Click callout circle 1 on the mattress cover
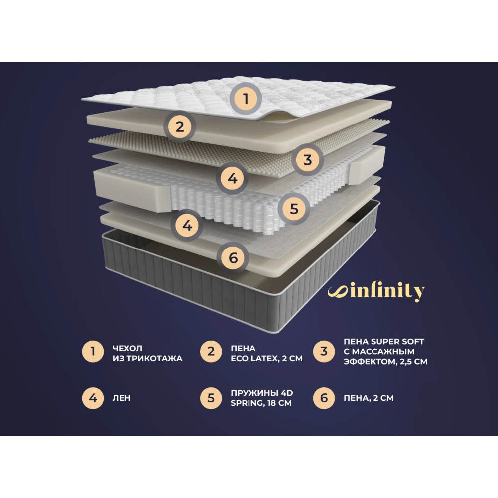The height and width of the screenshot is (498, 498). pos(246,99)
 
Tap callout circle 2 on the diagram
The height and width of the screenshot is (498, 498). pos(180,126)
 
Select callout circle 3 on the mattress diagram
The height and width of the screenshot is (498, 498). pos(307,160)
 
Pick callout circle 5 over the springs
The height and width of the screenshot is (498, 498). pos(294,209)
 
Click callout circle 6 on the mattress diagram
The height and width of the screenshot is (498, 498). pos(233,257)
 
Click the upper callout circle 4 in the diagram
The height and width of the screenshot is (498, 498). pos(232,178)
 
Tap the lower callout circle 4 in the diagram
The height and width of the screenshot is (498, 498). pos(187,225)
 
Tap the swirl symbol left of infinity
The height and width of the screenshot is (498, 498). pos(338,292)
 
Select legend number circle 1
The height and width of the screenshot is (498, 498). pos(93,352)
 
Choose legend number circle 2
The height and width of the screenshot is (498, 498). pos(211,352)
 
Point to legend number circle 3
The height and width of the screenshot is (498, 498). pos(324,352)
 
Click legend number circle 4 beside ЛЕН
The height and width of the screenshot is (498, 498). pos(93,398)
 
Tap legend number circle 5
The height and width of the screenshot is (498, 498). pos(211,398)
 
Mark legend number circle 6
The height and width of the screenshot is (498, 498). pos(324,398)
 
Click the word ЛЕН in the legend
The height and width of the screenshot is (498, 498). pos(122,398)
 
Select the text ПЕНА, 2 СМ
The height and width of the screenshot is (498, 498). pos(369,398)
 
